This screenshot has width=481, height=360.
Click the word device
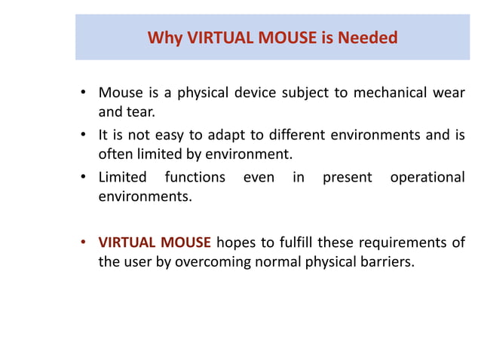coord(252,93)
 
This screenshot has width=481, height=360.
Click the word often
coord(115,156)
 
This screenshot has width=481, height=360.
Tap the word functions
coord(196,178)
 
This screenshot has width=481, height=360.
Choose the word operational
coord(426,178)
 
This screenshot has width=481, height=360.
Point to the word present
coord(347,178)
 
